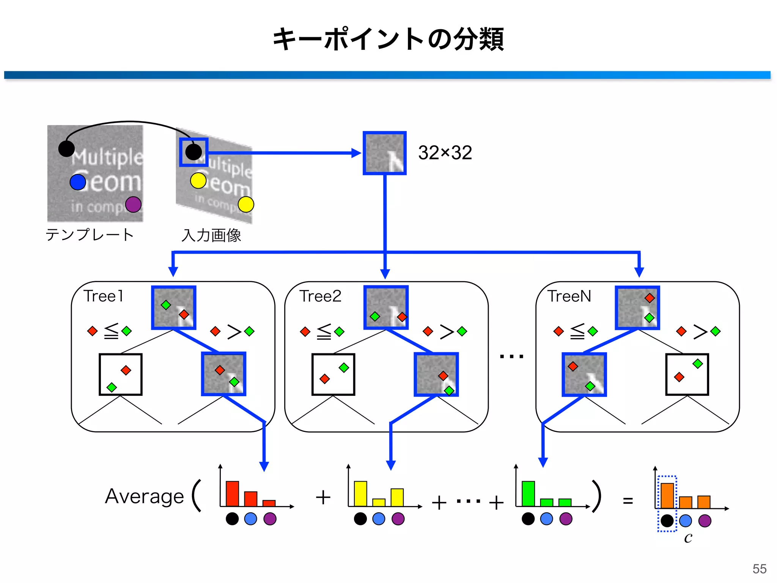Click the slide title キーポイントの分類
pyautogui.click(x=388, y=39)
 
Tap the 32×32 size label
pyautogui.click(x=445, y=153)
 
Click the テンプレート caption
pyautogui.click(x=90, y=235)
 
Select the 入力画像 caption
pyautogui.click(x=211, y=235)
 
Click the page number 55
pyautogui.click(x=759, y=569)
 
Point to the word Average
pyautogui.click(x=144, y=496)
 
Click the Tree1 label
pyautogui.click(x=103, y=296)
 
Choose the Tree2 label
pyautogui.click(x=320, y=296)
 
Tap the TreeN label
pyautogui.click(x=569, y=296)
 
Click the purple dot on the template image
pyautogui.click(x=133, y=204)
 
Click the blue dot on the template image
pyautogui.click(x=78, y=182)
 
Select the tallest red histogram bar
pyautogui.click(x=232, y=493)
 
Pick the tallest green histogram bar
pyautogui.click(x=528, y=493)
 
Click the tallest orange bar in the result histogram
pyautogui.click(x=667, y=496)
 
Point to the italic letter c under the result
pyautogui.click(x=688, y=537)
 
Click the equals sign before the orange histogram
pyautogui.click(x=628, y=501)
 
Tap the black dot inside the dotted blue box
pyautogui.click(x=667, y=521)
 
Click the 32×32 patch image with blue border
pyautogui.click(x=384, y=153)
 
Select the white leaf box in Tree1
pyautogui.click(x=120, y=374)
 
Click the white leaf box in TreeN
pyautogui.click(x=687, y=374)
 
